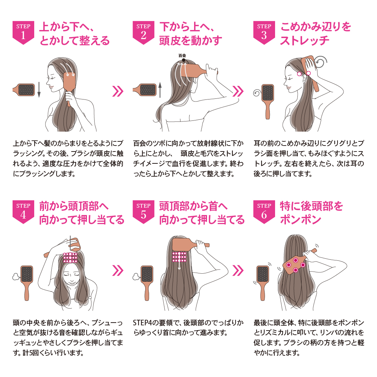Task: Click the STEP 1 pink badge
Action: [23, 32]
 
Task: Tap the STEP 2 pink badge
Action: [143, 32]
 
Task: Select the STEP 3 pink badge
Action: [264, 32]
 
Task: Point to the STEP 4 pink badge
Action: [23, 212]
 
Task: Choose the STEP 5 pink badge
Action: [143, 212]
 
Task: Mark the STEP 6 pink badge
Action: [264, 212]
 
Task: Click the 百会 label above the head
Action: [182, 56]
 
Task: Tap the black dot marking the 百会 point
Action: [184, 60]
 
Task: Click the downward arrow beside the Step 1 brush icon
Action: [39, 90]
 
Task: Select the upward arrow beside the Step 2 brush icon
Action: [160, 90]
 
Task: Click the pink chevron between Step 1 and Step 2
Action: [118, 91]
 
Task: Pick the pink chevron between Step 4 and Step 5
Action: [118, 271]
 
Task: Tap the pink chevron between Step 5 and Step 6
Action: [238, 271]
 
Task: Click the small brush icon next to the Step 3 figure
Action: [268, 102]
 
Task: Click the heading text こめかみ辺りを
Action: [316, 27]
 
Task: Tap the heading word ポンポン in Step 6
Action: [301, 220]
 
